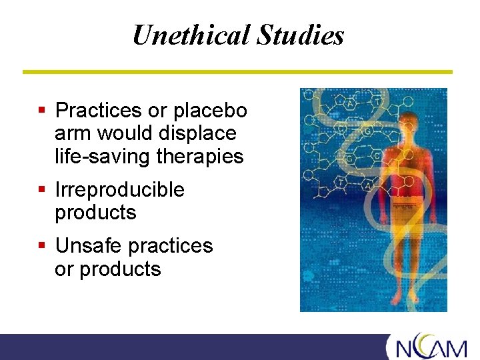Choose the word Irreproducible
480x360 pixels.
119,190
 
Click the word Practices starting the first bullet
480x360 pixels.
99,110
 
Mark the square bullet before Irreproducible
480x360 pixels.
41,190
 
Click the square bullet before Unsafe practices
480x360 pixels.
41,246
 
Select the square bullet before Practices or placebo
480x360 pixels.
41,110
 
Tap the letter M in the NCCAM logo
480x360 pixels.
458,349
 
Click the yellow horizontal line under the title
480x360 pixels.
237,71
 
